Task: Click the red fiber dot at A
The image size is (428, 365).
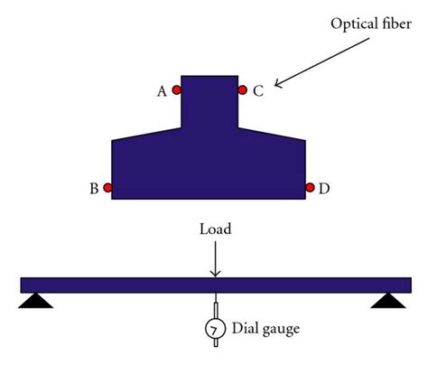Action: click(176, 89)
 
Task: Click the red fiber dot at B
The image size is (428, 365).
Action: click(107, 188)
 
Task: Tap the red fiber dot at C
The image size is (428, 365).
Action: click(242, 89)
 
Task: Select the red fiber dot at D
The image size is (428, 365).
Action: click(310, 188)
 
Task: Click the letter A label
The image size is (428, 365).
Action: click(162, 90)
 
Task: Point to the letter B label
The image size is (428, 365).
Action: click(93, 189)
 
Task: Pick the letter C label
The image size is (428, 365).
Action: click(257, 90)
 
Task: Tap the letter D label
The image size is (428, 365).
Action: click(324, 189)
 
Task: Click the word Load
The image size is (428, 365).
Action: click(214, 229)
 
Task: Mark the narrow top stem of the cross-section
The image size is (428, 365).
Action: click(209, 104)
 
